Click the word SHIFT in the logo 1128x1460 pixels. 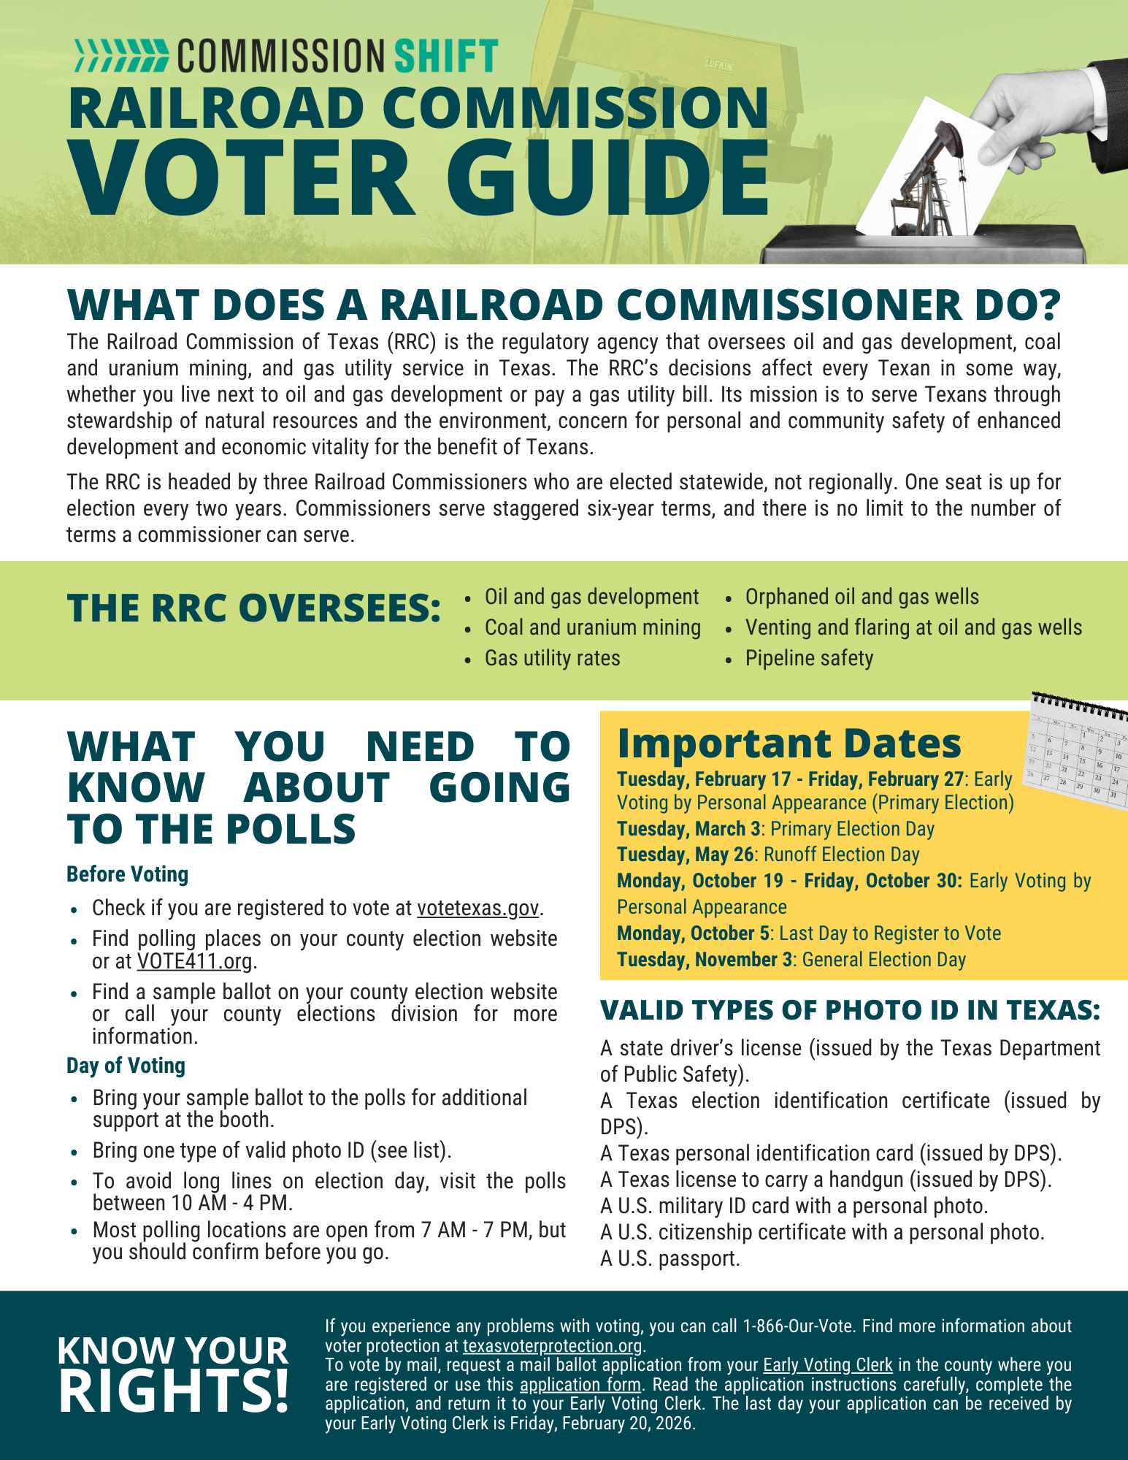[445, 56]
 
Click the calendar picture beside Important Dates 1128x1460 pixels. [1078, 752]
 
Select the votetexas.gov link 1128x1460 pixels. [478, 908]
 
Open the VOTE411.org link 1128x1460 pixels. [195, 961]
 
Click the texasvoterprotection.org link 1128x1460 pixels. [552, 1345]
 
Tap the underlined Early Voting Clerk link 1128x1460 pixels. [828, 1365]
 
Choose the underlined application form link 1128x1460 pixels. [580, 1384]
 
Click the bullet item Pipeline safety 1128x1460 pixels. [809, 658]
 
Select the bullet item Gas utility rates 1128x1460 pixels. [552, 658]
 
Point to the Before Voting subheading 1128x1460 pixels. [127, 874]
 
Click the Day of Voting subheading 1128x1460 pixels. [126, 1066]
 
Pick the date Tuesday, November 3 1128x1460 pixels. [704, 960]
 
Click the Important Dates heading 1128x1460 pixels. [789, 744]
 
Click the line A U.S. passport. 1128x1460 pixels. [670, 1258]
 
